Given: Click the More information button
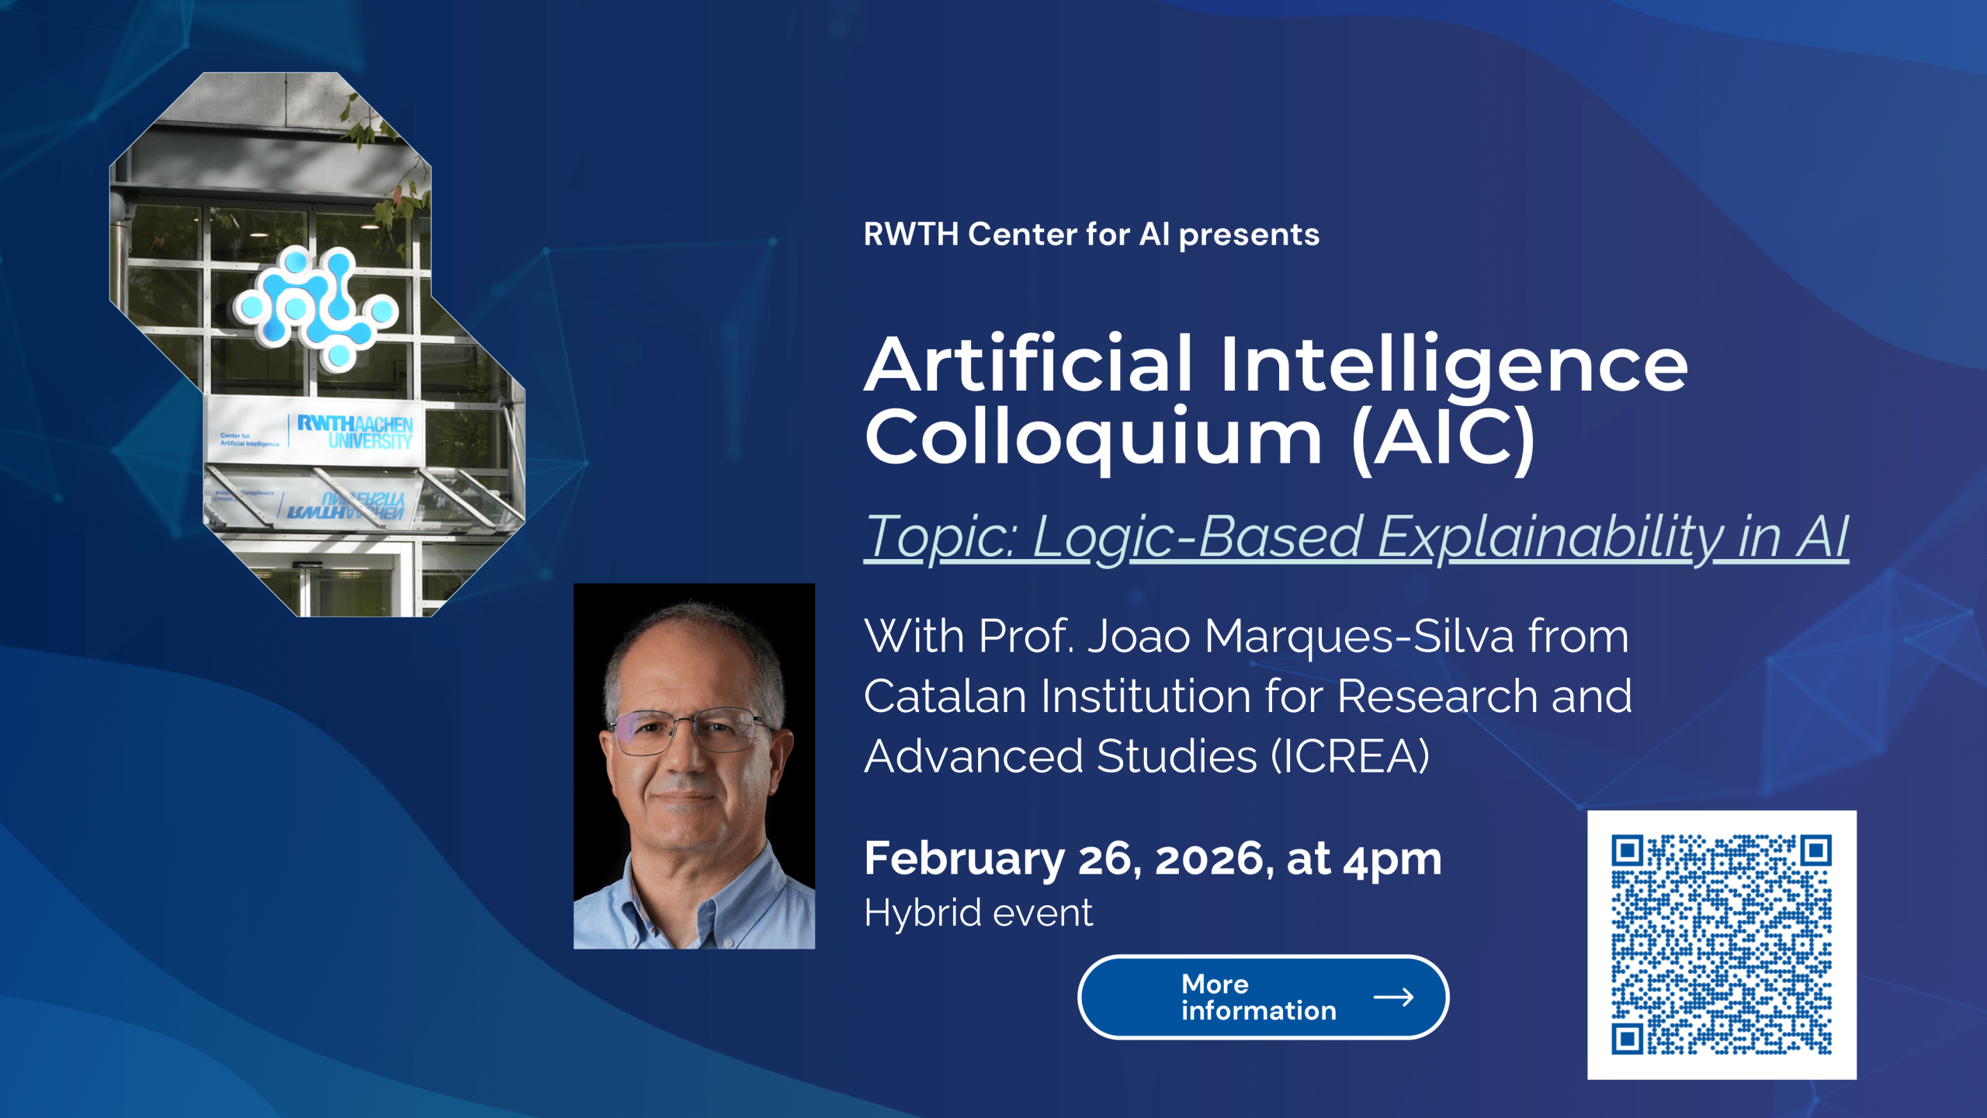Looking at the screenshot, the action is [x=1263, y=997].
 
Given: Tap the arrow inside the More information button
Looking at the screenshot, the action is [x=1393, y=998].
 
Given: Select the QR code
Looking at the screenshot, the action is [x=1722, y=945].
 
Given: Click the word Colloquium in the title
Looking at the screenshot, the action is [x=1094, y=437].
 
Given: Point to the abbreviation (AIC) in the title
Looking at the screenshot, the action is [x=1443, y=439].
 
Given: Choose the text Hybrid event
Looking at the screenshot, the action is [x=979, y=912].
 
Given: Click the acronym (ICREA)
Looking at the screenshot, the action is [x=1350, y=756].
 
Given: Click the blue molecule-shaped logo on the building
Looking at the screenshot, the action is [x=316, y=307].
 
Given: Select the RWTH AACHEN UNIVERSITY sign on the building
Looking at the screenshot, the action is [x=355, y=432].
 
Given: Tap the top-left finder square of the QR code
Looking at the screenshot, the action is [x=1628, y=851].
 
